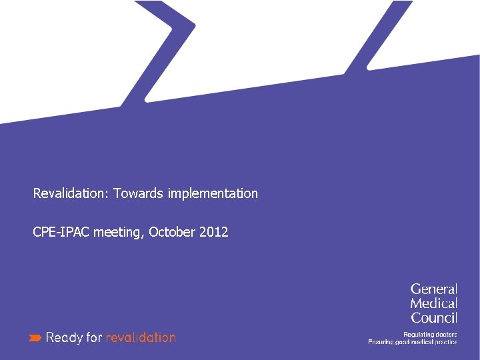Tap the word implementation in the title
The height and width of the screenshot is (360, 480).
tap(213, 193)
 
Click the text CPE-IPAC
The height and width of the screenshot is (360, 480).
tap(62, 232)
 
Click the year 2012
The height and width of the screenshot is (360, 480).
tap(213, 232)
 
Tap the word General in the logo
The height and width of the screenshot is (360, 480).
tap(433, 289)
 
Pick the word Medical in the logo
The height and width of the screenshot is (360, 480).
tap(433, 303)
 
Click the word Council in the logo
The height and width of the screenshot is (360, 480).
tap(433, 318)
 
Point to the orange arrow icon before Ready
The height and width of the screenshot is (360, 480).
tap(35, 338)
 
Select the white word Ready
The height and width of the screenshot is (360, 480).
tap(65, 338)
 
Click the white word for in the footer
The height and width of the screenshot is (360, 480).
tap(95, 337)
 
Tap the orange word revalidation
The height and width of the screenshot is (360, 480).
tap(141, 337)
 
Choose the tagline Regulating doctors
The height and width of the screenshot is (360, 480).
tap(430, 334)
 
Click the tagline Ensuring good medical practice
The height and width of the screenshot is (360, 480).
tap(413, 342)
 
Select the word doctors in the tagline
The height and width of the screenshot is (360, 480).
tap(444, 334)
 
